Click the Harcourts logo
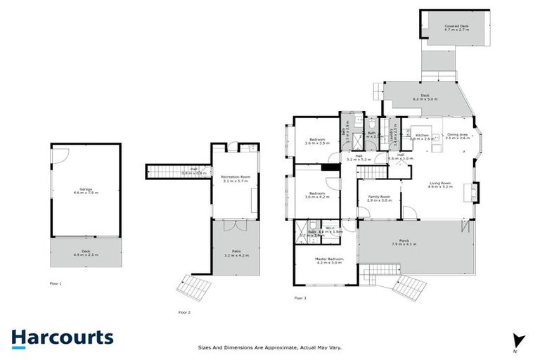point(62,337)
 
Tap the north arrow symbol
point(518,340)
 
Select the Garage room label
point(86,190)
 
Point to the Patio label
point(236,251)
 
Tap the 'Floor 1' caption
point(56,283)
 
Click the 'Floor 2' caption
point(184,311)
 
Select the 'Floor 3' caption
point(300,298)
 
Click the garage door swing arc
point(60,155)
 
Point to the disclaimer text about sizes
point(269,347)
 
